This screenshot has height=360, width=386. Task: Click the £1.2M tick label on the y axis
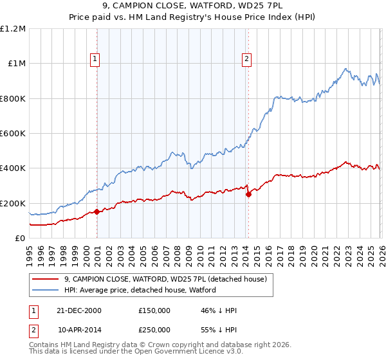(13, 29)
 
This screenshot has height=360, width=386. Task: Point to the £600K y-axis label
(13, 134)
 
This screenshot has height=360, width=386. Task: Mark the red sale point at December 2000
(96, 212)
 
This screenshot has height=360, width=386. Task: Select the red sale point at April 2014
(248, 194)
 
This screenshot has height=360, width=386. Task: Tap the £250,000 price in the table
(154, 328)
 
